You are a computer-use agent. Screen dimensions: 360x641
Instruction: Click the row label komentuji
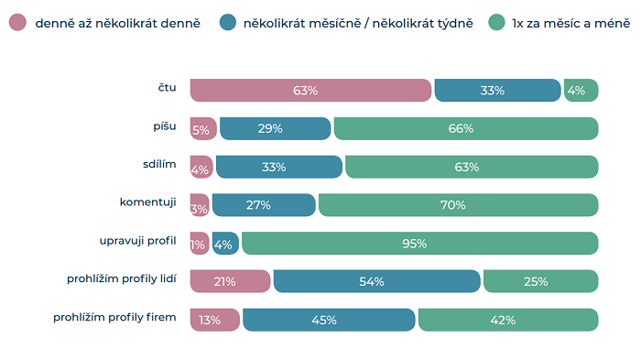coord(147,201)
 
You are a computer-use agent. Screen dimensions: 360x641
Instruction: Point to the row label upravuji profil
coord(137,240)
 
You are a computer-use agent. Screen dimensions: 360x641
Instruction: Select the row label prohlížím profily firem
coord(114,316)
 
